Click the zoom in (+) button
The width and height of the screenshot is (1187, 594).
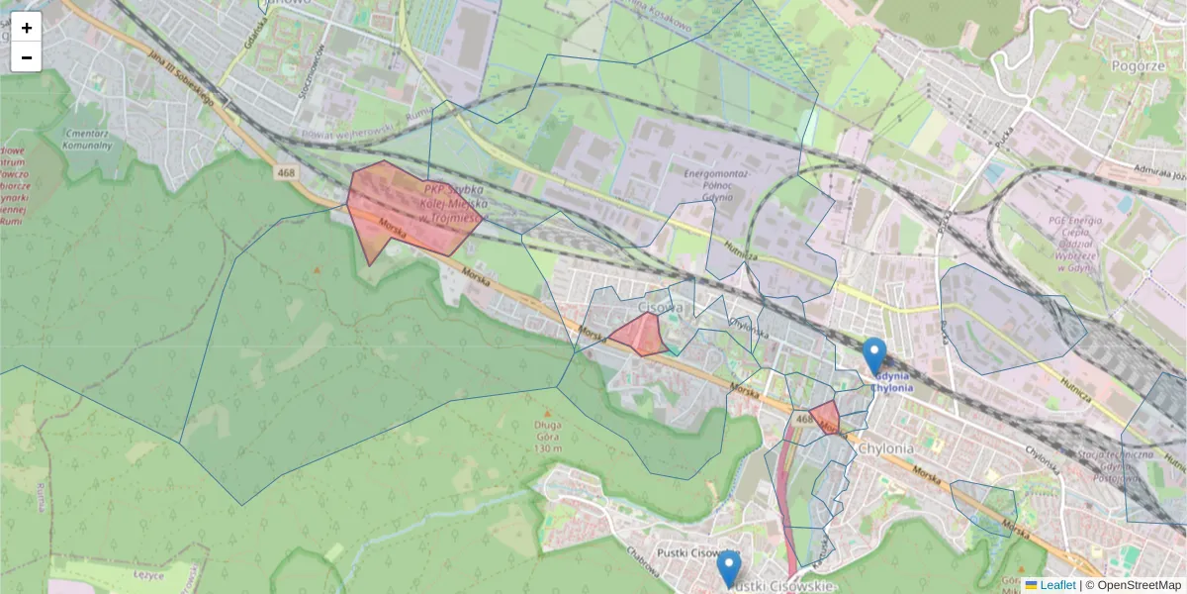[x=27, y=28]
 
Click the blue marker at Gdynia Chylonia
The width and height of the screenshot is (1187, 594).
[x=874, y=355]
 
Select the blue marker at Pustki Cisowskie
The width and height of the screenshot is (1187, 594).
[x=729, y=569]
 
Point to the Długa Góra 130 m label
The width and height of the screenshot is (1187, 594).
[x=548, y=436]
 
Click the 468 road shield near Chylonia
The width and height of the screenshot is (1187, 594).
[x=802, y=420]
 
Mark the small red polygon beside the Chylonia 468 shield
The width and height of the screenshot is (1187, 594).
[x=824, y=416]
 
